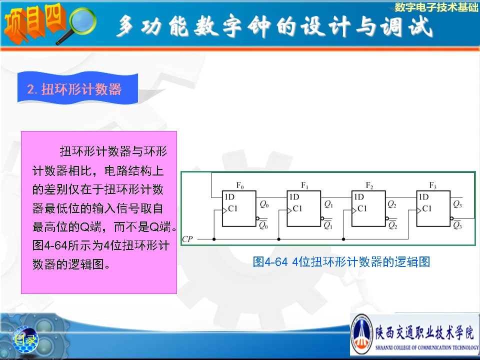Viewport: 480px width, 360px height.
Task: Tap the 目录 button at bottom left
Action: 25,339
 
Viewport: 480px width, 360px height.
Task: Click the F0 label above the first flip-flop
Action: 240,185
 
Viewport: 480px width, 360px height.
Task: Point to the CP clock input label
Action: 187,239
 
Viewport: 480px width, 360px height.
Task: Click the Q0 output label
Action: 264,204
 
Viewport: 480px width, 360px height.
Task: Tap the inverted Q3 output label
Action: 457,224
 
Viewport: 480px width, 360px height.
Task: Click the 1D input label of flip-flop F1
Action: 294,197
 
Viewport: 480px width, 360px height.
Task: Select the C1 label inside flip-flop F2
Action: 362,209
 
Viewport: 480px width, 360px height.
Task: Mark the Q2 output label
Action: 392,204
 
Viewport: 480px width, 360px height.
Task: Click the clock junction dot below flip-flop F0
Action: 214,239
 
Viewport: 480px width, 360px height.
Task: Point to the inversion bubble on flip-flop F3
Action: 452,218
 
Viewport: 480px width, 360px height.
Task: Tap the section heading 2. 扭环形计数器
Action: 74,89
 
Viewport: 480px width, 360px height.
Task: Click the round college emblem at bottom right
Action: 362,334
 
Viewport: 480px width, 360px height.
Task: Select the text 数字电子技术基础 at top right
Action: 436,7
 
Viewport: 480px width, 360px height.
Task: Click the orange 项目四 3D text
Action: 34,23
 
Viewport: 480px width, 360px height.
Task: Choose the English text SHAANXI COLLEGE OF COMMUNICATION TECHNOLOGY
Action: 427,347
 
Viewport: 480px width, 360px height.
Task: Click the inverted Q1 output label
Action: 328,224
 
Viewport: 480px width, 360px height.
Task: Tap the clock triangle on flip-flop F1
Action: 289,210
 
